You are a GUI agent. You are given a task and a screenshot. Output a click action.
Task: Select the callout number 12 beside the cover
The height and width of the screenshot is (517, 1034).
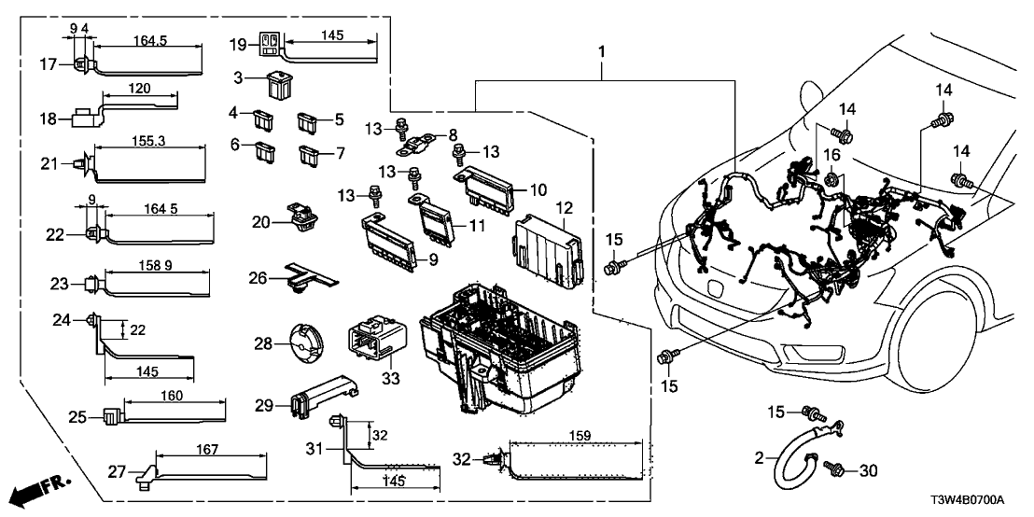[564, 207]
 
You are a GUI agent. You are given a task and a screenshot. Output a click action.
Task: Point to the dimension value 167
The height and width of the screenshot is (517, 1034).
[207, 450]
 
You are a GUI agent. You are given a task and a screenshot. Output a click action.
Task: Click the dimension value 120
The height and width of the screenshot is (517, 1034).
[139, 88]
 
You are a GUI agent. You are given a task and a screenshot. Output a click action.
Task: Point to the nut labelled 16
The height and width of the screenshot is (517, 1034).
[832, 175]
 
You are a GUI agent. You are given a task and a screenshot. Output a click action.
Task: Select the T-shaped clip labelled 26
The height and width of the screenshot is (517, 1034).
[308, 275]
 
